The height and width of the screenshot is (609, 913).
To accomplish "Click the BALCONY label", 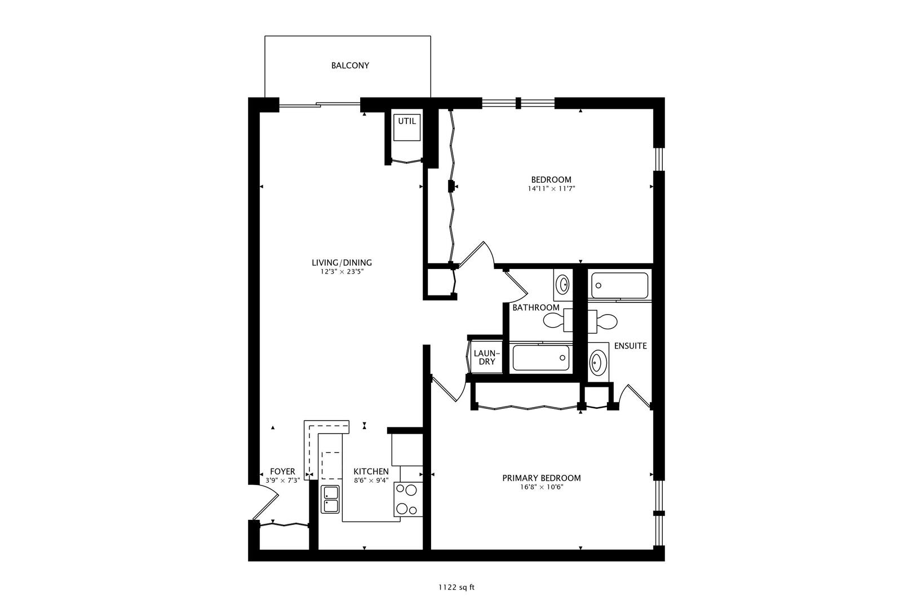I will tap(350, 65).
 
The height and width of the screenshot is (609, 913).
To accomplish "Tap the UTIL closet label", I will tap(406, 121).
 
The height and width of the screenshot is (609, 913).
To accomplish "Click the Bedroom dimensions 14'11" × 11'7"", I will tap(551, 189).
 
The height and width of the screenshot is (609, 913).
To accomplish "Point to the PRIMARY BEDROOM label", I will tap(541, 478).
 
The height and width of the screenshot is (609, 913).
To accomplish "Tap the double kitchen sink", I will tap(330, 499).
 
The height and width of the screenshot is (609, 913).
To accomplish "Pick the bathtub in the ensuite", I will tap(619, 285).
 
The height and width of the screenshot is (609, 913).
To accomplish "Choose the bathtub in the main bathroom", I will tap(541, 358).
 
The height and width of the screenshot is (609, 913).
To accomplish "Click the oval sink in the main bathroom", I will tap(562, 285).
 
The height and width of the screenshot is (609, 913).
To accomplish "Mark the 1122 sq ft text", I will tap(456, 588).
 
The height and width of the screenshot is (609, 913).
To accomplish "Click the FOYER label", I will tap(282, 471).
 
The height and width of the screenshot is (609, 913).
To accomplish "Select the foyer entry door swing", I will tap(265, 502).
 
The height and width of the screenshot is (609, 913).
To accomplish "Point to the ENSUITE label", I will tap(630, 346).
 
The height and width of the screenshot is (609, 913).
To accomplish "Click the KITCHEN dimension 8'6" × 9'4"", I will tap(371, 480).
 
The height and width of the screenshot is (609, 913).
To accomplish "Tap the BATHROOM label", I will tap(535, 307).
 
